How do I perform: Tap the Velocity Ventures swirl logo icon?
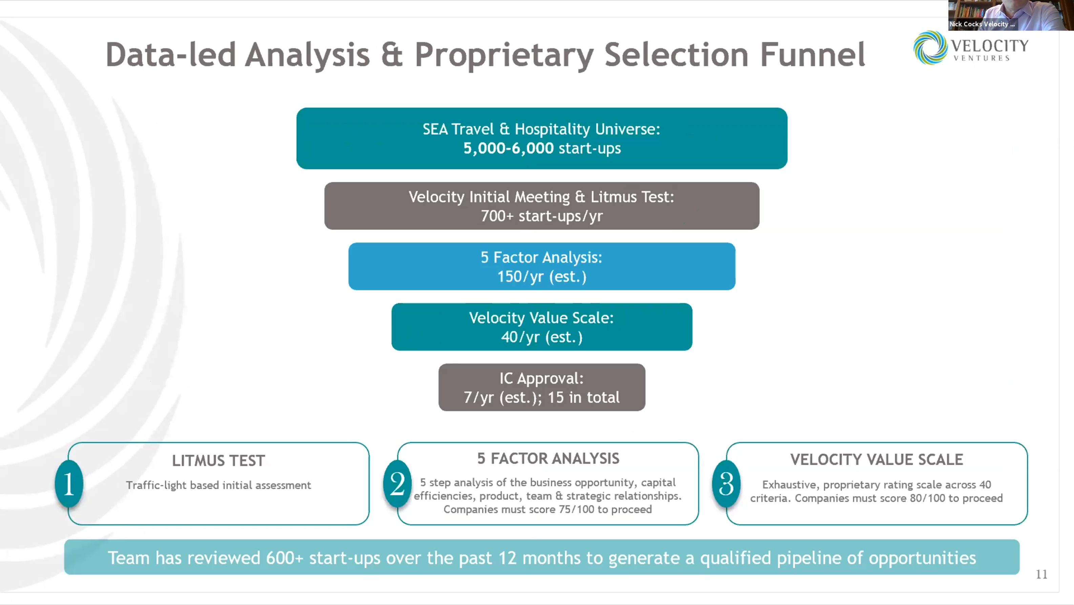[930, 47]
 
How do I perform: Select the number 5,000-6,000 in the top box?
[508, 148]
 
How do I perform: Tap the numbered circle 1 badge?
[69, 484]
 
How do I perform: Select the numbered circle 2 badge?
[397, 484]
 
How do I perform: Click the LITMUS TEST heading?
[219, 461]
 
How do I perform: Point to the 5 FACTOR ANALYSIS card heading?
[548, 459]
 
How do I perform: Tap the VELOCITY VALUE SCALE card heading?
[876, 460]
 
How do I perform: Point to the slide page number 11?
[1041, 574]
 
